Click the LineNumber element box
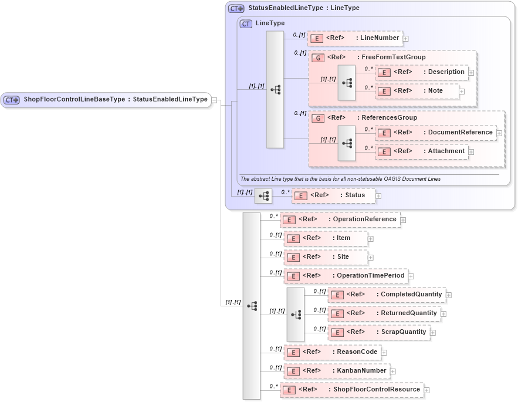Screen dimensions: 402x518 (355, 38)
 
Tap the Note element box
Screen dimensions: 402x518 (417, 91)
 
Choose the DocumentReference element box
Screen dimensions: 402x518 (435, 133)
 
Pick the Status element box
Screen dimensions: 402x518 (333, 195)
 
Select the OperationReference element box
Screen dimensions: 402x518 (340, 219)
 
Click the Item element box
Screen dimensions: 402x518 (326, 238)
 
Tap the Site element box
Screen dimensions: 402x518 (326, 257)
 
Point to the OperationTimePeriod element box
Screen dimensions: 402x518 (346, 276)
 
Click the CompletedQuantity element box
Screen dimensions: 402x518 (387, 295)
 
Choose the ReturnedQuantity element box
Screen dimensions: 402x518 (384, 313)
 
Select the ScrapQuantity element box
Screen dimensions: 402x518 (378, 332)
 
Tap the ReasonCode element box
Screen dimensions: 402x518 (332, 352)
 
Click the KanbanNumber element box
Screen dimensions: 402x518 (336, 371)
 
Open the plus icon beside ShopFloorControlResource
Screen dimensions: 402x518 (427, 390)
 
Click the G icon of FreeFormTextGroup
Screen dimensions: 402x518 (317, 58)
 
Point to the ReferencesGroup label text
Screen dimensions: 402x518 (389, 118)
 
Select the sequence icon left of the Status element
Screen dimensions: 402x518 (263, 195)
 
